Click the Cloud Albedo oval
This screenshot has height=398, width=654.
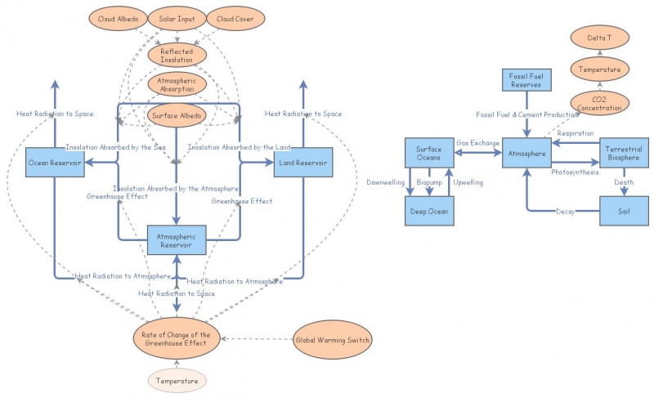click(x=117, y=19)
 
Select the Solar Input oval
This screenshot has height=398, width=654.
click(x=177, y=19)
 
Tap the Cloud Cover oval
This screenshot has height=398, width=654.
click(x=234, y=19)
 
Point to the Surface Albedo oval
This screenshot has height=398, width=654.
click(x=177, y=115)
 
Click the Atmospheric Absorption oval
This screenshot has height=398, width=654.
click(x=177, y=84)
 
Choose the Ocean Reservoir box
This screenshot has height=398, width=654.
click(x=55, y=162)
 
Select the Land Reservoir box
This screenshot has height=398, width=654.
click(x=302, y=162)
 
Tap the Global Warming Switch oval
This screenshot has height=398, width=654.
click(x=333, y=340)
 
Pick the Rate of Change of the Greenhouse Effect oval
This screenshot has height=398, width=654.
click(x=177, y=339)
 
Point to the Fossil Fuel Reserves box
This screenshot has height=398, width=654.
click(x=527, y=80)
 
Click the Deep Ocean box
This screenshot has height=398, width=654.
click(x=428, y=211)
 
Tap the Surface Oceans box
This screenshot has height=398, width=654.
click(x=428, y=153)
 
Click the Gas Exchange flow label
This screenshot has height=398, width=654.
click(x=477, y=142)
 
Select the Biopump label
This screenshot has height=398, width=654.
click(x=428, y=182)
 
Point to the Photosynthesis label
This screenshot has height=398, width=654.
click(x=575, y=172)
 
